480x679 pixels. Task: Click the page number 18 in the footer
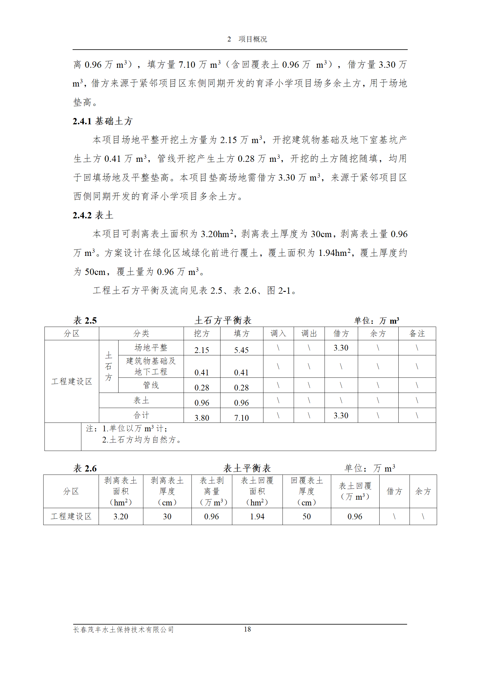[x=247, y=629]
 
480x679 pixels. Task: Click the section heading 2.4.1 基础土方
[x=103, y=121]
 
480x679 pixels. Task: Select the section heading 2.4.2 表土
[x=93, y=215]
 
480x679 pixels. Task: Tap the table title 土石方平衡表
[x=223, y=320]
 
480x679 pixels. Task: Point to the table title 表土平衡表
[x=247, y=468]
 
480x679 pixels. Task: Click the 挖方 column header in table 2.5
[x=201, y=333]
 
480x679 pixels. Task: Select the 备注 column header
[x=417, y=333]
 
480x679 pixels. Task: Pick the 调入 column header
[x=278, y=333]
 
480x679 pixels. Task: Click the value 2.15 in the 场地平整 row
[x=201, y=350]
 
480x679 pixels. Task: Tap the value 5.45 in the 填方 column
[x=241, y=350]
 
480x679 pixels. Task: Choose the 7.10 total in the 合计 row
[x=241, y=418]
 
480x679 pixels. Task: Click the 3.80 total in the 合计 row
[x=201, y=418]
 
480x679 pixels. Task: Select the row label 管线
[x=151, y=385]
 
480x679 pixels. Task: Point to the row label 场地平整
[x=151, y=348]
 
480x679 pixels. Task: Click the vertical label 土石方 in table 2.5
[x=108, y=366]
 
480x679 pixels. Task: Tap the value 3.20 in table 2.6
[x=121, y=516]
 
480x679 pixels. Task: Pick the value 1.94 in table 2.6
[x=257, y=516]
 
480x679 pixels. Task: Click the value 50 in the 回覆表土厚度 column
[x=306, y=516]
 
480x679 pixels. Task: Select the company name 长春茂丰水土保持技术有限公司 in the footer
[x=123, y=629]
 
